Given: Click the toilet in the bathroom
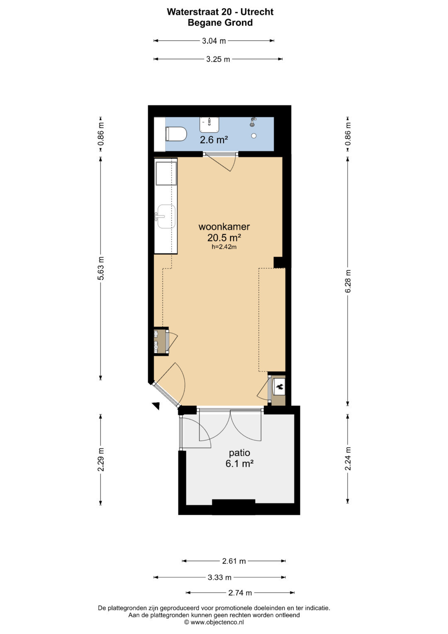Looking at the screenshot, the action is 176,134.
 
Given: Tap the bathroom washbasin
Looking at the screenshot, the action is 209,125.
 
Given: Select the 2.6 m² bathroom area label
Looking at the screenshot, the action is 214,140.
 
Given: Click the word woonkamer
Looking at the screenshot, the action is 224,226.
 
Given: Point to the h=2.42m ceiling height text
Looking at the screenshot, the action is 224,247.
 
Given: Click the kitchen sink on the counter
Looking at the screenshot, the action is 166,216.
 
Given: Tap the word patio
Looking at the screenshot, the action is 239,453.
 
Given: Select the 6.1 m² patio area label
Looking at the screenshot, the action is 239,464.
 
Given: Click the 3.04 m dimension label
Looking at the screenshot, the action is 214,41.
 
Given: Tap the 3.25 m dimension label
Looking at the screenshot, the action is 218,59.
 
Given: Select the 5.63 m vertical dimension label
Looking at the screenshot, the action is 101,268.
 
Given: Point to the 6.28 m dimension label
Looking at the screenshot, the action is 348,281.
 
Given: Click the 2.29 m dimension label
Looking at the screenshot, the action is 101,459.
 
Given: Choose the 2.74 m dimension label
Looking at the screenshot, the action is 240,592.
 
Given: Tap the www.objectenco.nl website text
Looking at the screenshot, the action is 217,622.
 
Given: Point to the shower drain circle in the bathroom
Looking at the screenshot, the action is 254,136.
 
